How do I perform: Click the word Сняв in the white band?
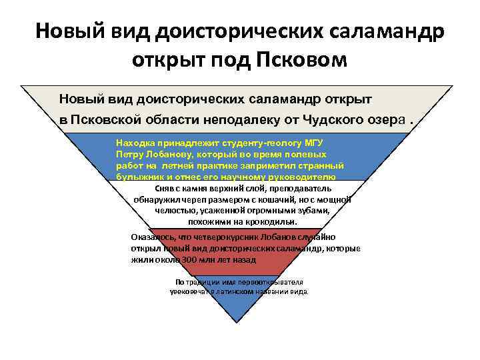(155, 189)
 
